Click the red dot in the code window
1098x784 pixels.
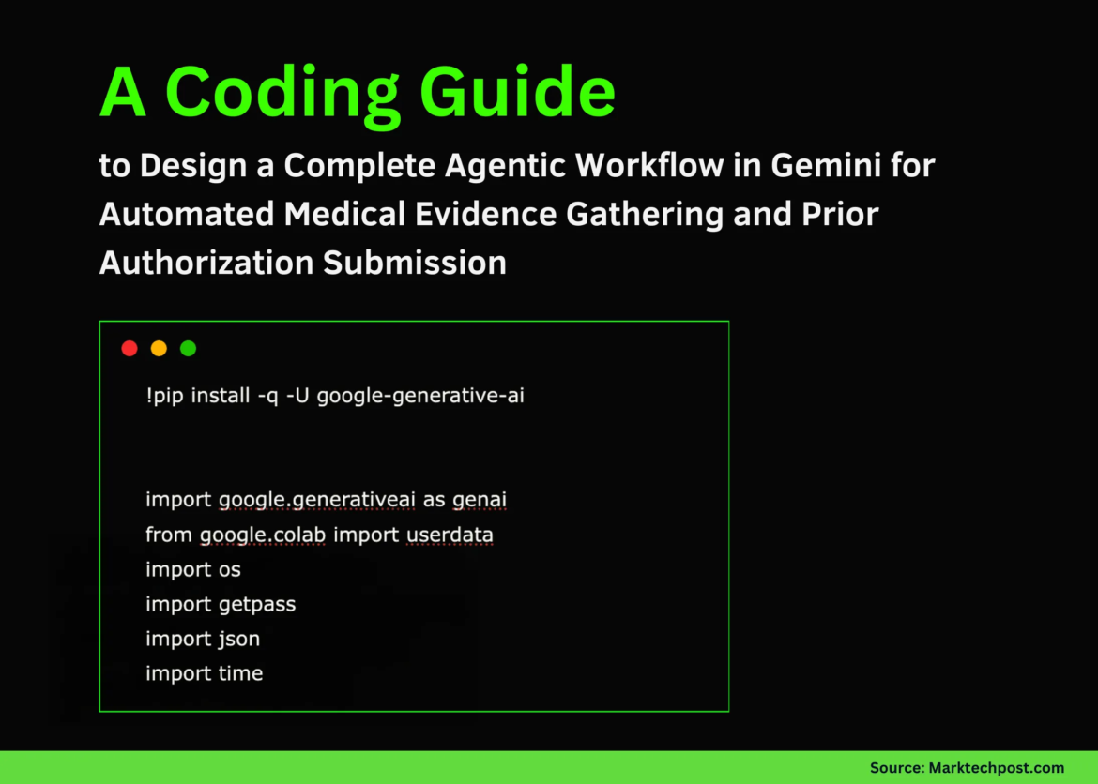pos(130,349)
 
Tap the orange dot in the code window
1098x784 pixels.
pos(159,349)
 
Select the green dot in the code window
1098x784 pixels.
pos(188,349)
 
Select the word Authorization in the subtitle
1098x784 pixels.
pos(206,263)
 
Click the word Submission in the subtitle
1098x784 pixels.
pos(415,263)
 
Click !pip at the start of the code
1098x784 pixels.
pos(164,396)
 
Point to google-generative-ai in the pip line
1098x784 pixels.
pos(420,396)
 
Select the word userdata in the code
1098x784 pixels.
pos(450,535)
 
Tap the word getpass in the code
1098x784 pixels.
pos(257,605)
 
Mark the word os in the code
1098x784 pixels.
pos(230,570)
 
